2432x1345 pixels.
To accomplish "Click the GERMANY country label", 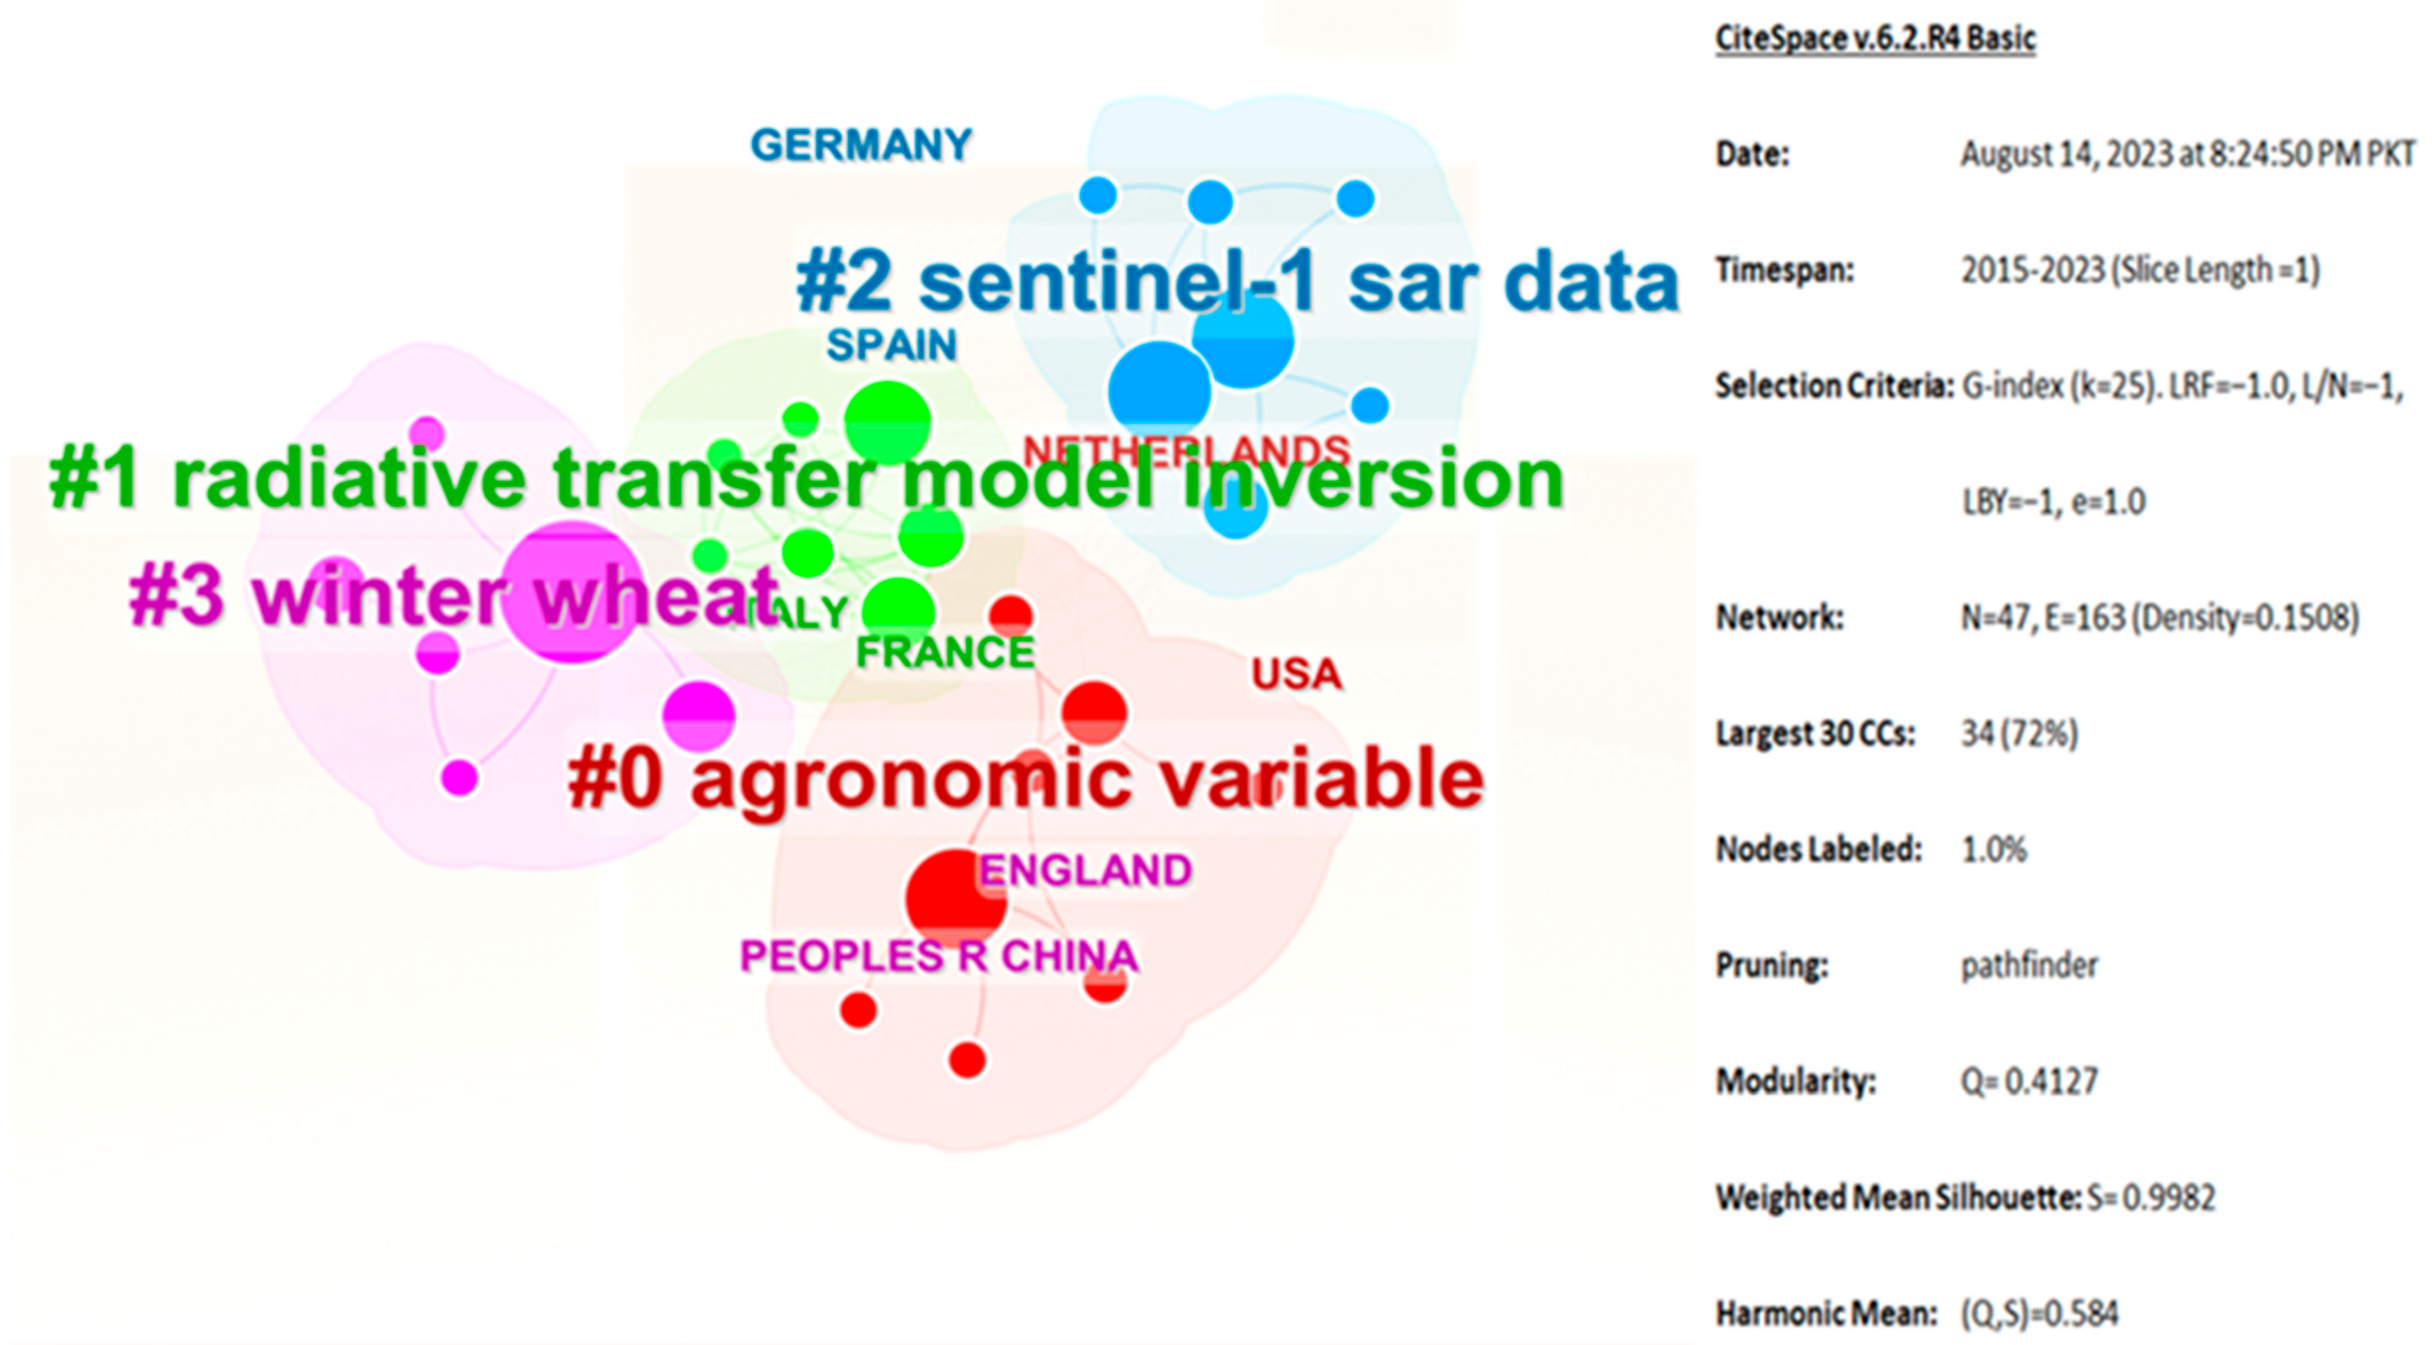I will pyautogui.click(x=860, y=145).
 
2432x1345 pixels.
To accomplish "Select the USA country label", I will pyautogui.click(x=1297, y=674).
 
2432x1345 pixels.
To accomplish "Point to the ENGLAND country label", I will pyautogui.click(x=1085, y=870).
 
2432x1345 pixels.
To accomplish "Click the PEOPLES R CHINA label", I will pyautogui.click(x=938, y=956).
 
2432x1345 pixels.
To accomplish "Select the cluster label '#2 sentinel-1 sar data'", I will pyautogui.click(x=1237, y=282).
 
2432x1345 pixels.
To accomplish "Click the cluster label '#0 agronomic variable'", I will pyautogui.click(x=1025, y=779).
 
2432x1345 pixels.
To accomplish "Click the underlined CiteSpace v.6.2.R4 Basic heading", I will pyautogui.click(x=1875, y=39).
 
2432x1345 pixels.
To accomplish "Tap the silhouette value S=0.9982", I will pyautogui.click(x=2151, y=1197).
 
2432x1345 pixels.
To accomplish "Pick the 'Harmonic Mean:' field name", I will pyautogui.click(x=1826, y=1313).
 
